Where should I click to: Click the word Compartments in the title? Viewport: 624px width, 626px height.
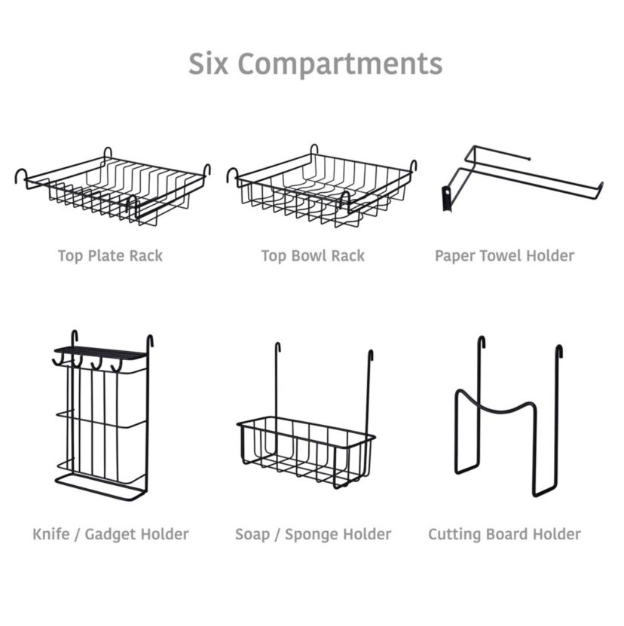339,65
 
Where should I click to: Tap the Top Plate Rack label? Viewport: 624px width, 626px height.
110,255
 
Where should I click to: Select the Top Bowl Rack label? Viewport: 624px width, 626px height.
313,255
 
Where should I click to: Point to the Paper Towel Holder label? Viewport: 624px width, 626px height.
504,255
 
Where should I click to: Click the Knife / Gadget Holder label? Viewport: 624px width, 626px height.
111,534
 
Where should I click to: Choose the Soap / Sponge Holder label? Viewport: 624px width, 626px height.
313,534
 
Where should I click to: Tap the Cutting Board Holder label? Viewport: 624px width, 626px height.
504,534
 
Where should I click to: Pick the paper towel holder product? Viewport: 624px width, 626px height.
520,177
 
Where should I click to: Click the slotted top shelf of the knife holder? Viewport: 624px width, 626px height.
99,353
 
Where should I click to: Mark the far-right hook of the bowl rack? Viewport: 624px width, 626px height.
413,166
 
